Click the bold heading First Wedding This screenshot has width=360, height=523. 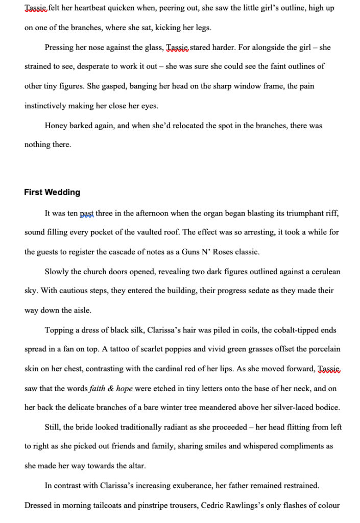click(52, 193)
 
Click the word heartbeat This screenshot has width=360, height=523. click(93, 9)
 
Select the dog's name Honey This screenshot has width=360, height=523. click(55, 125)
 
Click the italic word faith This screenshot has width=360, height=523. click(98, 389)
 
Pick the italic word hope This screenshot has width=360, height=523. click(124, 389)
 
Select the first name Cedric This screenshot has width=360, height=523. click(209, 506)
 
